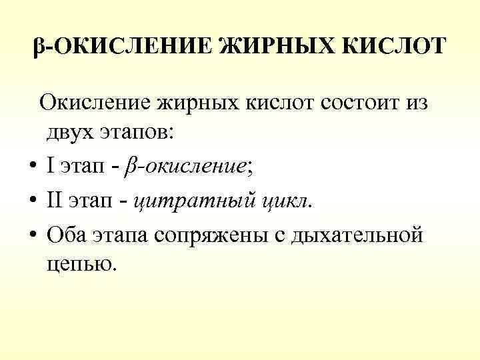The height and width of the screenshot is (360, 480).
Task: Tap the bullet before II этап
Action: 33,199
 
